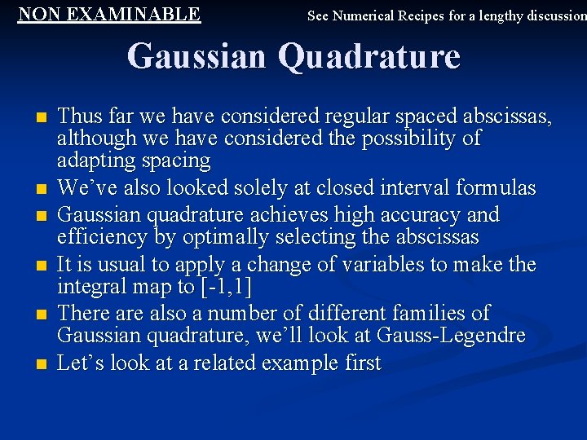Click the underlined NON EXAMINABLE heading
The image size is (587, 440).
pyautogui.click(x=109, y=14)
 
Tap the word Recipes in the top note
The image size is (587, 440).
pyautogui.click(x=422, y=15)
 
